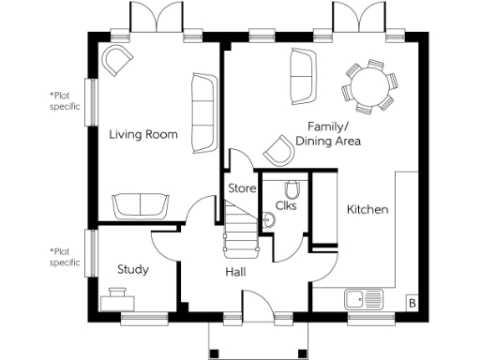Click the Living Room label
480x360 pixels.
click(x=142, y=135)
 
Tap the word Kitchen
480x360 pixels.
click(x=367, y=210)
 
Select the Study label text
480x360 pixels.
click(x=132, y=270)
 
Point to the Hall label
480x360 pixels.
click(x=235, y=272)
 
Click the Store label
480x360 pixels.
click(x=242, y=188)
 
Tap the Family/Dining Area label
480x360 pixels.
click(x=328, y=133)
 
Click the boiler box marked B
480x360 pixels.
click(x=411, y=302)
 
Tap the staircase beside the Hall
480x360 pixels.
click(x=241, y=232)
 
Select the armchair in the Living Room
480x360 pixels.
click(x=118, y=61)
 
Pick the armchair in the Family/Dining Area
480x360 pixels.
click(x=278, y=149)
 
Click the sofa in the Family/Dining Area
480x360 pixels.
click(x=302, y=76)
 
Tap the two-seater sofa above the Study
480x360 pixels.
click(x=142, y=204)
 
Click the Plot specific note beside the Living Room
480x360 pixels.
click(x=65, y=100)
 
